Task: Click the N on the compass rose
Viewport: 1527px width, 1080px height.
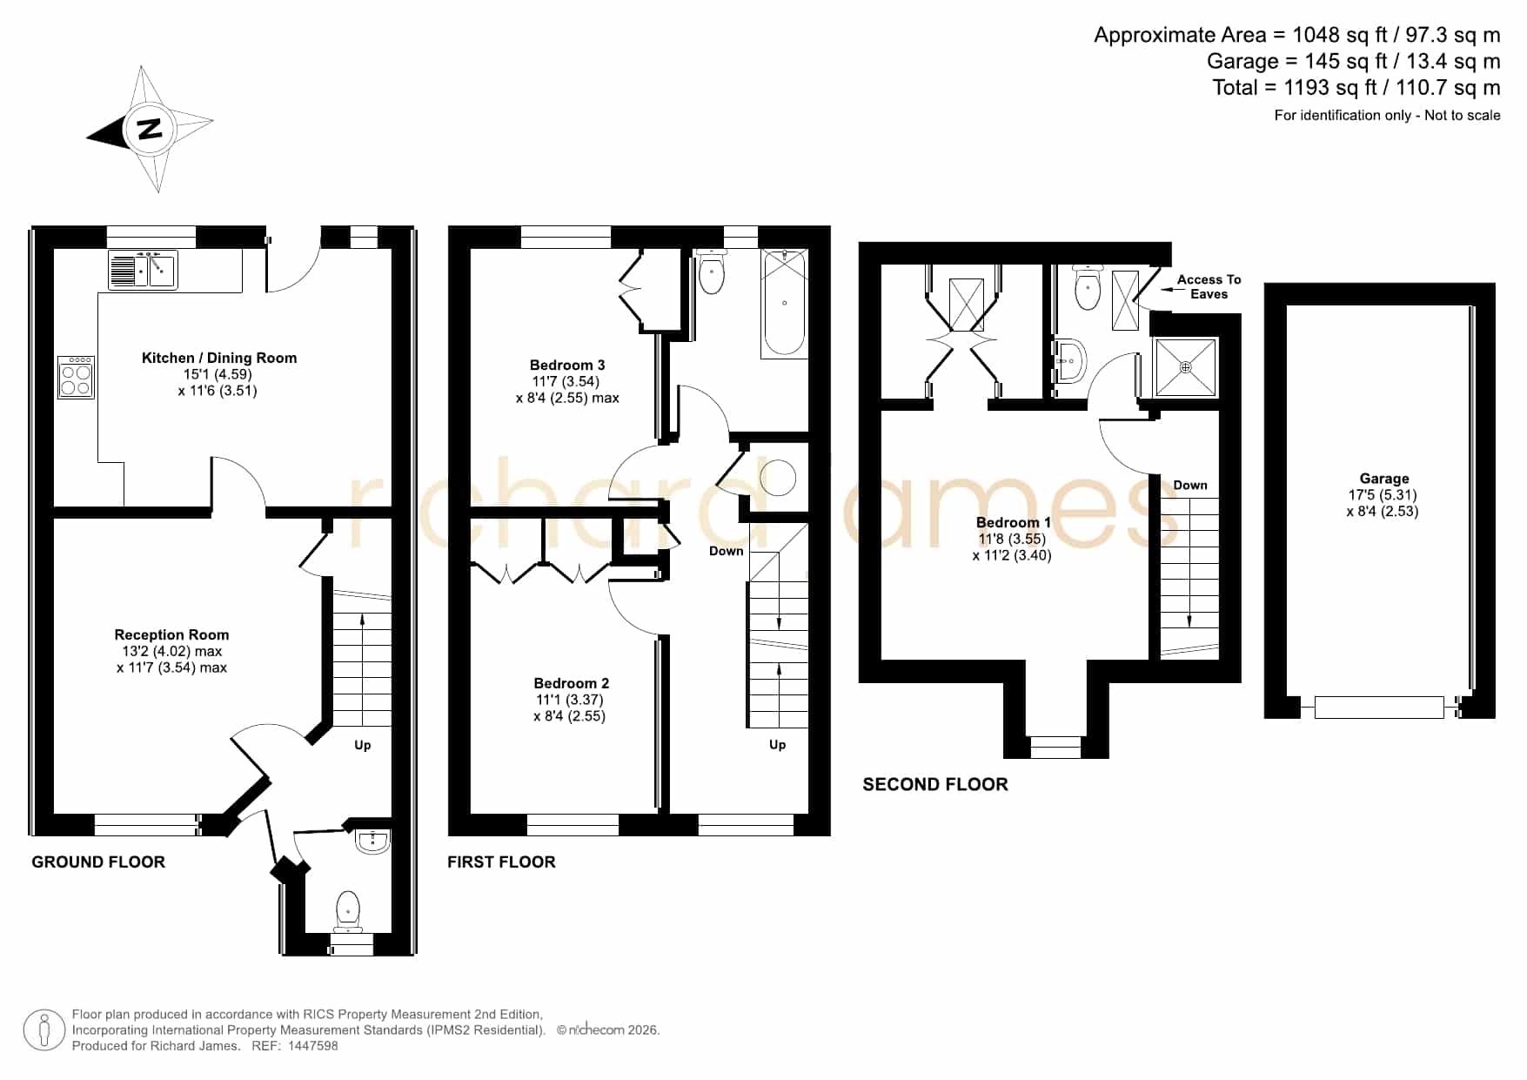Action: coord(151,128)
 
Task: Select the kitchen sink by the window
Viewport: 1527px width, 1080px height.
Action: coord(143,270)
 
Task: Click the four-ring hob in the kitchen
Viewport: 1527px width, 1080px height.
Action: coord(76,377)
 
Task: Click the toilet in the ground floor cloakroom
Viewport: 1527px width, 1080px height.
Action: coord(348,909)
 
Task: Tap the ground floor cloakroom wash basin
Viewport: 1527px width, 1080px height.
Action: coord(372,841)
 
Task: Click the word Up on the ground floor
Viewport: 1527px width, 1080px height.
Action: coord(363,746)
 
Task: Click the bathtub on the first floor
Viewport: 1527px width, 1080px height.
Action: coord(784,304)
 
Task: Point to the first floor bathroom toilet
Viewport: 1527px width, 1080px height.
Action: coord(712,272)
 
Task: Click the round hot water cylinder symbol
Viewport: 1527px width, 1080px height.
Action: coord(778,478)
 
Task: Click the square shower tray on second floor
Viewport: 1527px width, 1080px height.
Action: coord(1185,367)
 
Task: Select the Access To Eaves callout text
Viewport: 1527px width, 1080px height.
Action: coord(1209,287)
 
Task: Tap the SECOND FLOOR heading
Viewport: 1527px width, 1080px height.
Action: coord(935,785)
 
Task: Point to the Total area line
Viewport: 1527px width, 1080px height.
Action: coord(1356,88)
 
